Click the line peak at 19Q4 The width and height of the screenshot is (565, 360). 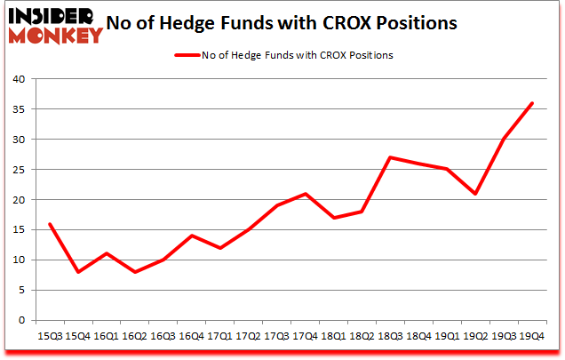click(531, 103)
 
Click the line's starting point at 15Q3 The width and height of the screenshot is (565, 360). click(49, 224)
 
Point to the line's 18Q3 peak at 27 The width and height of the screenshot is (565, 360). click(390, 157)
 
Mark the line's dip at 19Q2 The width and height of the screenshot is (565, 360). click(474, 194)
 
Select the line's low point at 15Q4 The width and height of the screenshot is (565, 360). click(77, 272)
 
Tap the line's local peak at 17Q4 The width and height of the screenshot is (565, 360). click(305, 194)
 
